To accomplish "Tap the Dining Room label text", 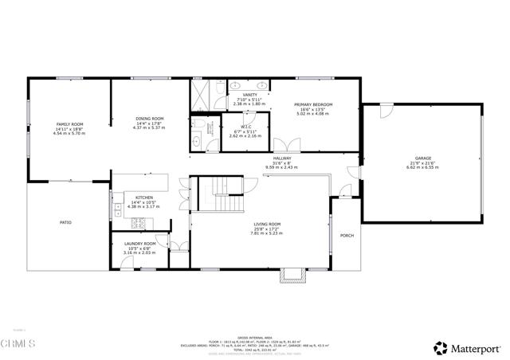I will (x=149, y=119).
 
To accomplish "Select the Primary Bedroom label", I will (x=312, y=105).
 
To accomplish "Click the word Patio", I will (x=65, y=222).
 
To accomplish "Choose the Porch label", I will (x=347, y=235).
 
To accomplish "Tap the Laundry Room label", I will (x=139, y=243).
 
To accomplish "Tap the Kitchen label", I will (x=143, y=198).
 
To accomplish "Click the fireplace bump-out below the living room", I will (x=292, y=276).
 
